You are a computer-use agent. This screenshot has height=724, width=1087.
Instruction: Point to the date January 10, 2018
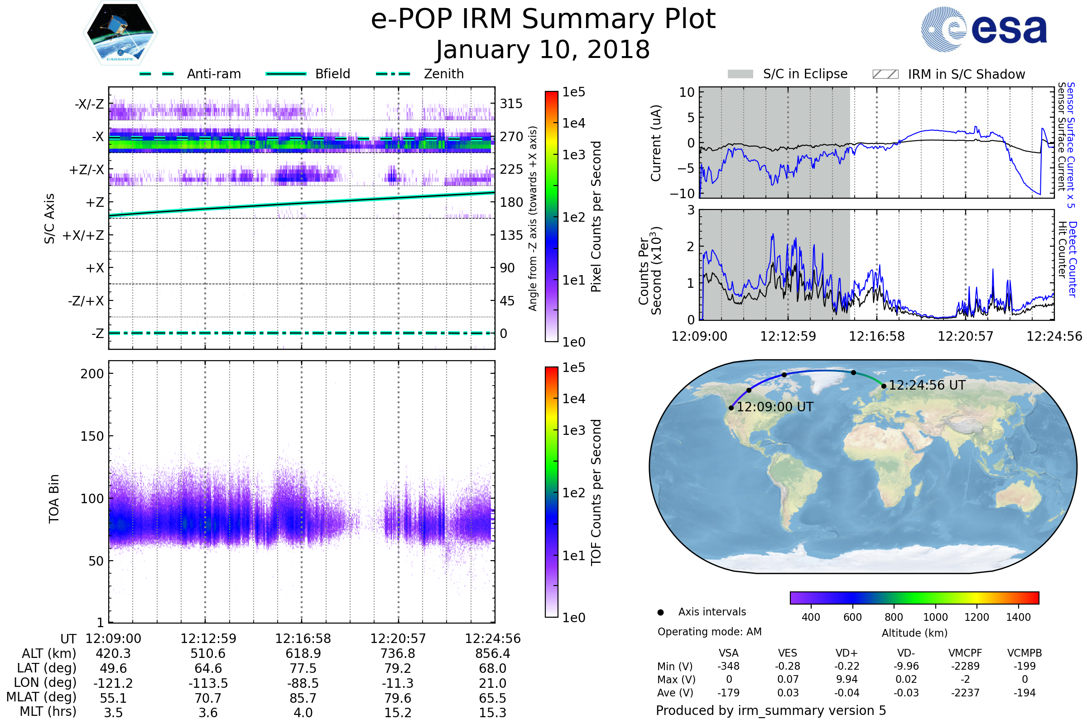pos(543,50)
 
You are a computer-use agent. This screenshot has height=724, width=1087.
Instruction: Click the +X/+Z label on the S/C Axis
pos(83,235)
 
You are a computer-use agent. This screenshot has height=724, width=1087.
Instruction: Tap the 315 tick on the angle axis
pos(511,104)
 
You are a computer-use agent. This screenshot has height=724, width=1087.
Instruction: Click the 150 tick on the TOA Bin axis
pos(92,436)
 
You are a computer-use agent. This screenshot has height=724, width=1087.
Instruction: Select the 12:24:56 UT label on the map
pos(927,385)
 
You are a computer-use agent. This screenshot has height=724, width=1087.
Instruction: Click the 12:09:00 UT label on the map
pos(775,407)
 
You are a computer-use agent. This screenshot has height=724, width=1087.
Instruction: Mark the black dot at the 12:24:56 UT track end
pos(884,386)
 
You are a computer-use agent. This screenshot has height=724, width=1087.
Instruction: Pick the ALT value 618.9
pos(303,653)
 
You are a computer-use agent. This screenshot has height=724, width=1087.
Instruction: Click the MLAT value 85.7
pos(303,698)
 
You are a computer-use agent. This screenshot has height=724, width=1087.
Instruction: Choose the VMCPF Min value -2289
pos(965,666)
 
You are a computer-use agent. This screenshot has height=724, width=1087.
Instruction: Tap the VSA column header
pos(728,653)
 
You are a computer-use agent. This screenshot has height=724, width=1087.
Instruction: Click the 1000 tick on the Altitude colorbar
pos(935,617)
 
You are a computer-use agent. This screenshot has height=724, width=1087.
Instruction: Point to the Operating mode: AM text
pos(709,632)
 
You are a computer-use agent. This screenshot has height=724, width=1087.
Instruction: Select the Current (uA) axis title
pos(656,143)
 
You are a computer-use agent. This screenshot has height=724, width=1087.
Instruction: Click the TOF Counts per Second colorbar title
pos(596,492)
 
